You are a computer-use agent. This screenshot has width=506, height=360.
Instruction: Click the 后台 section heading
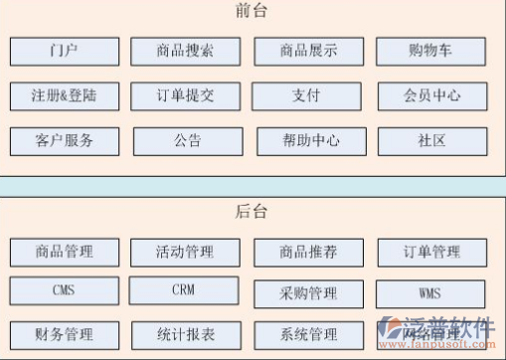point(253,212)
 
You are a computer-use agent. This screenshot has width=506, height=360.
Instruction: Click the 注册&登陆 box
point(65,96)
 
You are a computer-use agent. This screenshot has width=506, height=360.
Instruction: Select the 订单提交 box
point(185,96)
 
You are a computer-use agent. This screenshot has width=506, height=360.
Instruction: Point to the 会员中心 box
point(432,96)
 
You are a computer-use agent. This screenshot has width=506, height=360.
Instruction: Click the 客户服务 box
point(65,141)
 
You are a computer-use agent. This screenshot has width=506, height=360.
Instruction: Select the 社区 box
point(432,141)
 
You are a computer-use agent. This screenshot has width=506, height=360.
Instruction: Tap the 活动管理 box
point(185,252)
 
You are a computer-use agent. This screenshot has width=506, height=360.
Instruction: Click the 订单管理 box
point(432,252)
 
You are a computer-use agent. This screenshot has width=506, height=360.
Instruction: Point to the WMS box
point(432,294)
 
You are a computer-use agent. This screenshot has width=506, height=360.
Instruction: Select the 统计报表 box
point(185,334)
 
